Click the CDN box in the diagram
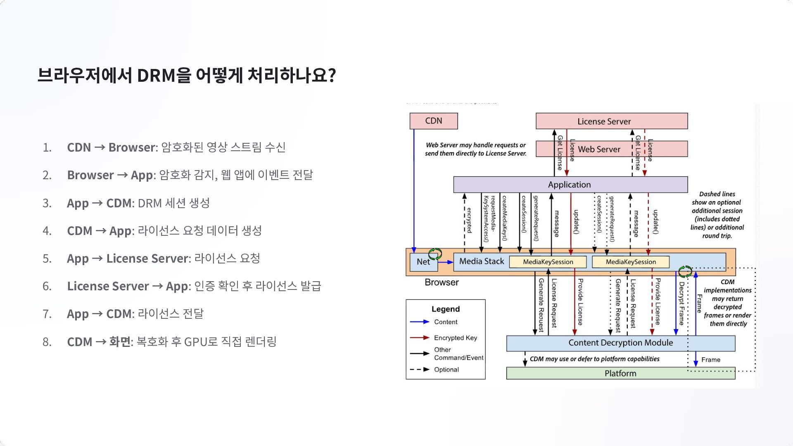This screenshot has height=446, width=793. [x=433, y=121]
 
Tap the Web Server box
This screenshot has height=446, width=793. [x=599, y=149]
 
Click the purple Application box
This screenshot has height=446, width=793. [x=570, y=185]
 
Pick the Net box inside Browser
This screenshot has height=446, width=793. [x=423, y=262]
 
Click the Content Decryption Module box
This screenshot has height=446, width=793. [x=620, y=343]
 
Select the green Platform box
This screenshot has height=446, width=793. [x=620, y=373]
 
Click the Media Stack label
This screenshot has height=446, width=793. [x=482, y=261]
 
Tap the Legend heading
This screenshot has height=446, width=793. [x=446, y=309]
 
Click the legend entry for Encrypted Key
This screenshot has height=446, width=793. [x=456, y=338]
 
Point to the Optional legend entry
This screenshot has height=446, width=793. [x=446, y=370]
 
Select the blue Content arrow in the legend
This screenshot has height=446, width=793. [x=420, y=322]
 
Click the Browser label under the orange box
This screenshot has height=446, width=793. [x=442, y=282]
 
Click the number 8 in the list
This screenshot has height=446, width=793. [x=47, y=342]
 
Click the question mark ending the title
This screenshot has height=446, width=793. [x=332, y=76]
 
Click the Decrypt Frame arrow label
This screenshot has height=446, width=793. [x=681, y=304]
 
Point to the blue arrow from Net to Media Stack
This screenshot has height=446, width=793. [x=445, y=262]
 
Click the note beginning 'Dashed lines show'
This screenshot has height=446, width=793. [x=717, y=215]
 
